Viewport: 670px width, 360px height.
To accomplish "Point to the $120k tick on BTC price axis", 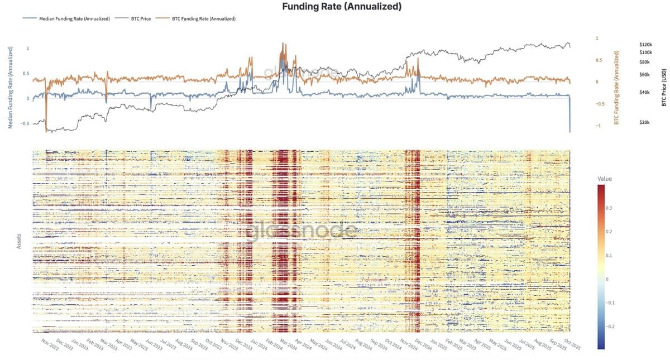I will click(x=645, y=44).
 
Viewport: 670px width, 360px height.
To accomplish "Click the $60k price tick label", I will click(x=644, y=74).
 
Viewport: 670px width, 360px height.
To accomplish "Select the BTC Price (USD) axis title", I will click(x=664, y=84).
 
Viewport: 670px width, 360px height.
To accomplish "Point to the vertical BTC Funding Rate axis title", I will click(x=617, y=87).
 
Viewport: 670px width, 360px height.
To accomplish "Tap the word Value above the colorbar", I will click(x=605, y=179).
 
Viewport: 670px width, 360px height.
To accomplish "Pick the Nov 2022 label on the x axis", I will click(x=50, y=342).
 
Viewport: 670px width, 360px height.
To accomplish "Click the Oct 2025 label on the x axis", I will click(x=572, y=344).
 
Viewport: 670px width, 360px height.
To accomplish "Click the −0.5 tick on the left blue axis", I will click(x=25, y=123).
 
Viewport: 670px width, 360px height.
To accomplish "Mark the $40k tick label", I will click(x=644, y=92).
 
